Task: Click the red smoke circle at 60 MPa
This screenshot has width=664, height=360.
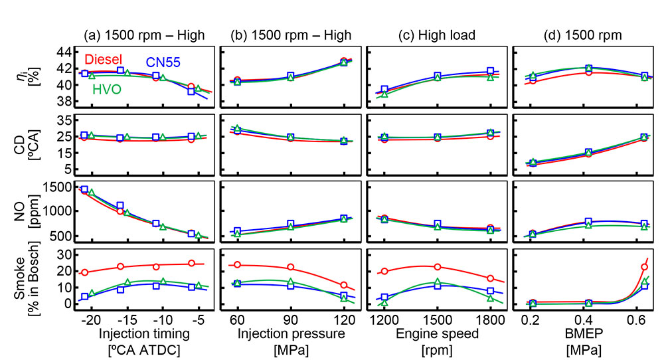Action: pyautogui.click(x=238, y=264)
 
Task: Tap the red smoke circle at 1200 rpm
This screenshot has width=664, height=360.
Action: pyautogui.click(x=384, y=271)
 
